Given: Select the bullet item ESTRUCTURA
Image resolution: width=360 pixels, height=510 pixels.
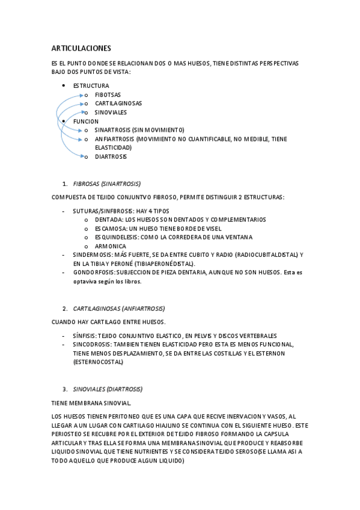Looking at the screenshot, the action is click(x=91, y=86).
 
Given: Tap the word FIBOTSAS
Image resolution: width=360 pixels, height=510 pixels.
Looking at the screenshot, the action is click(x=108, y=95).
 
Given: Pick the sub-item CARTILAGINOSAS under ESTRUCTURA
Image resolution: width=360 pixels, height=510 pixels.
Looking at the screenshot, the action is click(x=118, y=103).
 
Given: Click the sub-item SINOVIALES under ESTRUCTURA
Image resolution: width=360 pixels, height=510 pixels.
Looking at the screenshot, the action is click(x=111, y=112).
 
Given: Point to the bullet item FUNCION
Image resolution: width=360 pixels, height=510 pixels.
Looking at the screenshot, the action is click(x=86, y=121).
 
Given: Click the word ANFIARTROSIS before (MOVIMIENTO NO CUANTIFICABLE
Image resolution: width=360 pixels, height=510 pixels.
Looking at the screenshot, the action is click(x=115, y=139).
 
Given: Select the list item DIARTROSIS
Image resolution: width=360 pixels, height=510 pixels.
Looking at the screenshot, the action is click(x=111, y=157).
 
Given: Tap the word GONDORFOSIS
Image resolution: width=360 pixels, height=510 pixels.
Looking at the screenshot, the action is click(x=93, y=272).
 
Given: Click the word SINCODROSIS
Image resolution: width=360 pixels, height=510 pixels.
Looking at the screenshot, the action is click(x=91, y=345).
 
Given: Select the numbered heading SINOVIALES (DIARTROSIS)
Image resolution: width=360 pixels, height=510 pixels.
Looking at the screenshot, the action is click(x=108, y=389).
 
